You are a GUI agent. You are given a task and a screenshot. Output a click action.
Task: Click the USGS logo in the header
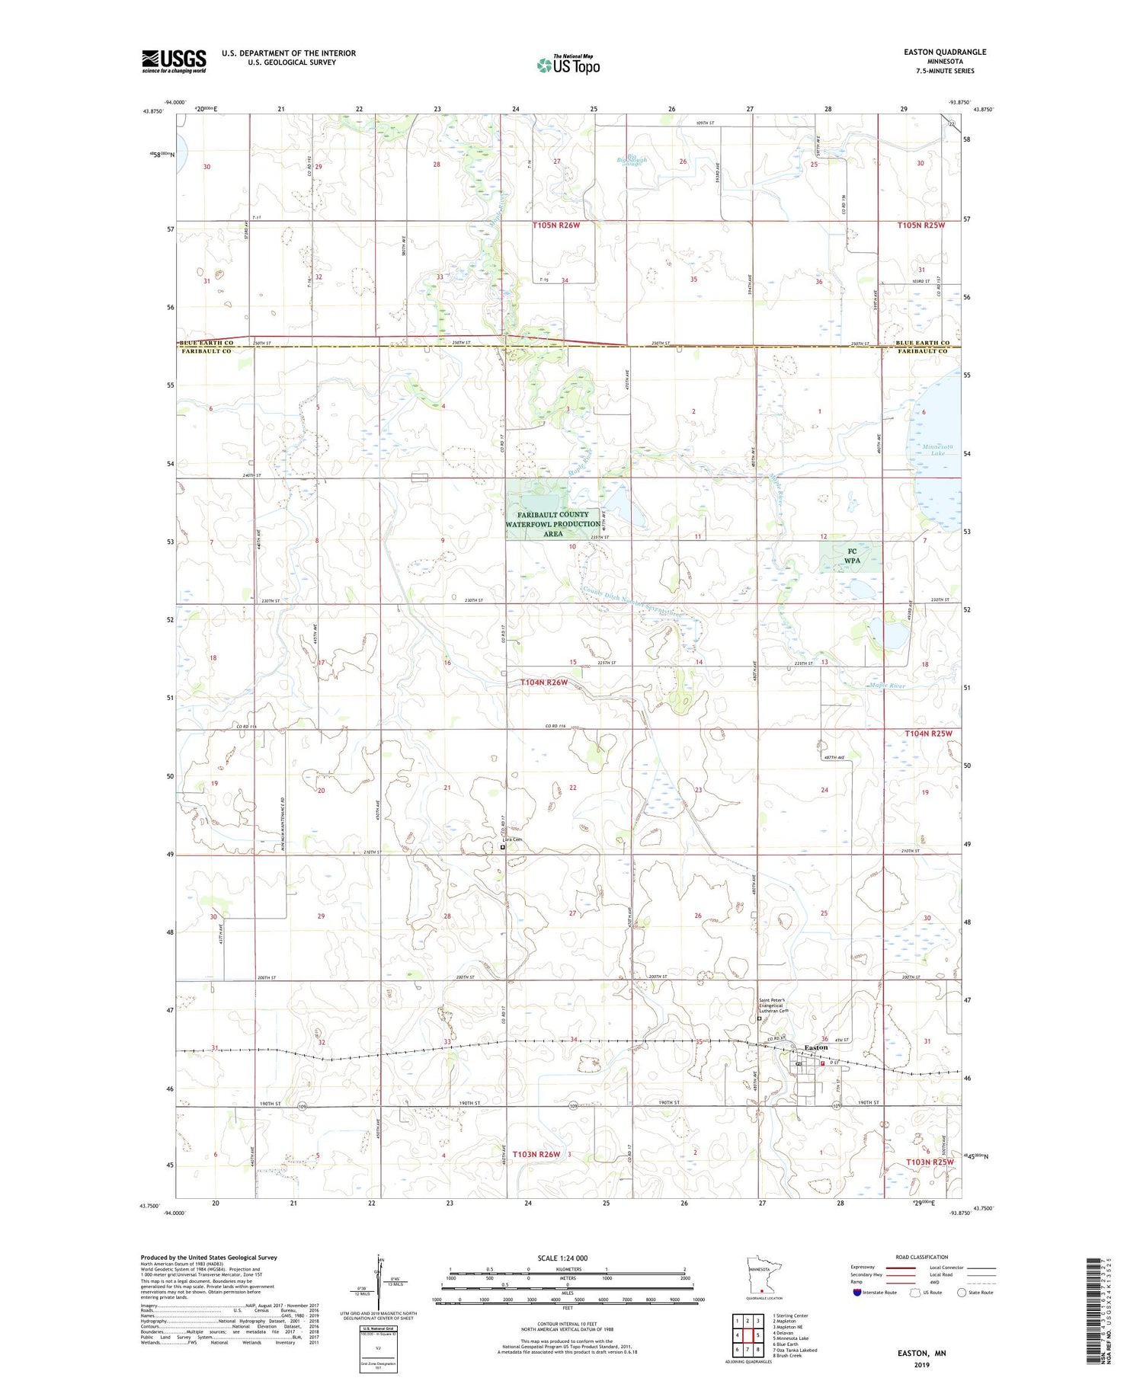click(174, 61)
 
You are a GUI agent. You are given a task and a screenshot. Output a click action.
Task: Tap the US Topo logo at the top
click(568, 66)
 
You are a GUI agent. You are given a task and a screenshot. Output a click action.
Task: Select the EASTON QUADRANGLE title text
click(945, 52)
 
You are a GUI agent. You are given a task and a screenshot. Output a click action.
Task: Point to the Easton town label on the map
click(816, 1047)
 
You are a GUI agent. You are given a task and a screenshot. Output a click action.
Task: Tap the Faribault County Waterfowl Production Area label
click(552, 524)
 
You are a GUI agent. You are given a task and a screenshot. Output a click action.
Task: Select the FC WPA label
click(852, 556)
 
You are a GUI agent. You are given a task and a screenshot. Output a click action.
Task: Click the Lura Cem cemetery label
click(511, 840)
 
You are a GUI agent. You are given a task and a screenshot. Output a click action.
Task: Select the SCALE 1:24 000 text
click(563, 1258)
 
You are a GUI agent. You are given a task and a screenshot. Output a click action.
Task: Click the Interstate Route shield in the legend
click(856, 1293)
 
